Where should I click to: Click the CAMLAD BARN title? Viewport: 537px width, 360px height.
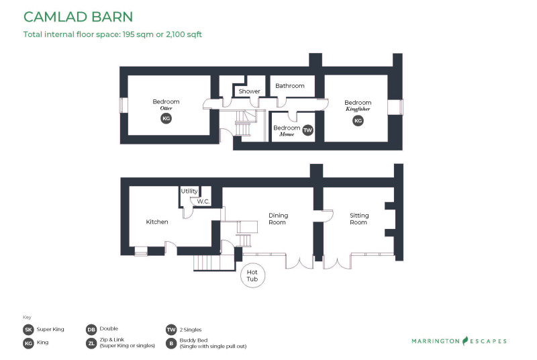pos(78,17)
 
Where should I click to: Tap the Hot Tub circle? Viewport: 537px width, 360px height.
pos(241,275)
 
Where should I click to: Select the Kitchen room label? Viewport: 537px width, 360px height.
pos(157,222)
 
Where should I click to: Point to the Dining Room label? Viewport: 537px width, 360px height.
pos(278,218)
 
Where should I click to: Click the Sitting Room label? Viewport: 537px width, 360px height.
pos(359,218)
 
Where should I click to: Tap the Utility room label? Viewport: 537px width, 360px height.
pos(189,191)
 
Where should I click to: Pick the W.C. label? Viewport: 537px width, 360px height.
pos(203,201)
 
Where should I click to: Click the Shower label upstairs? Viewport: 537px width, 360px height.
pos(249,91)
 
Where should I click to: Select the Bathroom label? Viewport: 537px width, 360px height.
pos(290,85)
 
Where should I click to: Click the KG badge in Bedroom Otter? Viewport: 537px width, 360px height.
pos(166,118)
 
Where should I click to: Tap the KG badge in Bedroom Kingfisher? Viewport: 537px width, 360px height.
pos(358,121)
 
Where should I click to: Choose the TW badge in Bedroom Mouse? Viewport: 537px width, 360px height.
pos(308,130)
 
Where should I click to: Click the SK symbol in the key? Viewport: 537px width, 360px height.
pos(28,330)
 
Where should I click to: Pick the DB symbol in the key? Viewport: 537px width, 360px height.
pos(91,330)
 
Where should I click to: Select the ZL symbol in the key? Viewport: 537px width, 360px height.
pos(91,343)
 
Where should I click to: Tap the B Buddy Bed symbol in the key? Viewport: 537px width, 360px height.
pos(171,343)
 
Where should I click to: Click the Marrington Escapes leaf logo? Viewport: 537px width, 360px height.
pos(465,341)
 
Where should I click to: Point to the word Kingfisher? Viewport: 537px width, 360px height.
pos(358,109)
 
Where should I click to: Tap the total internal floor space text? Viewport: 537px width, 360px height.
pos(113,34)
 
